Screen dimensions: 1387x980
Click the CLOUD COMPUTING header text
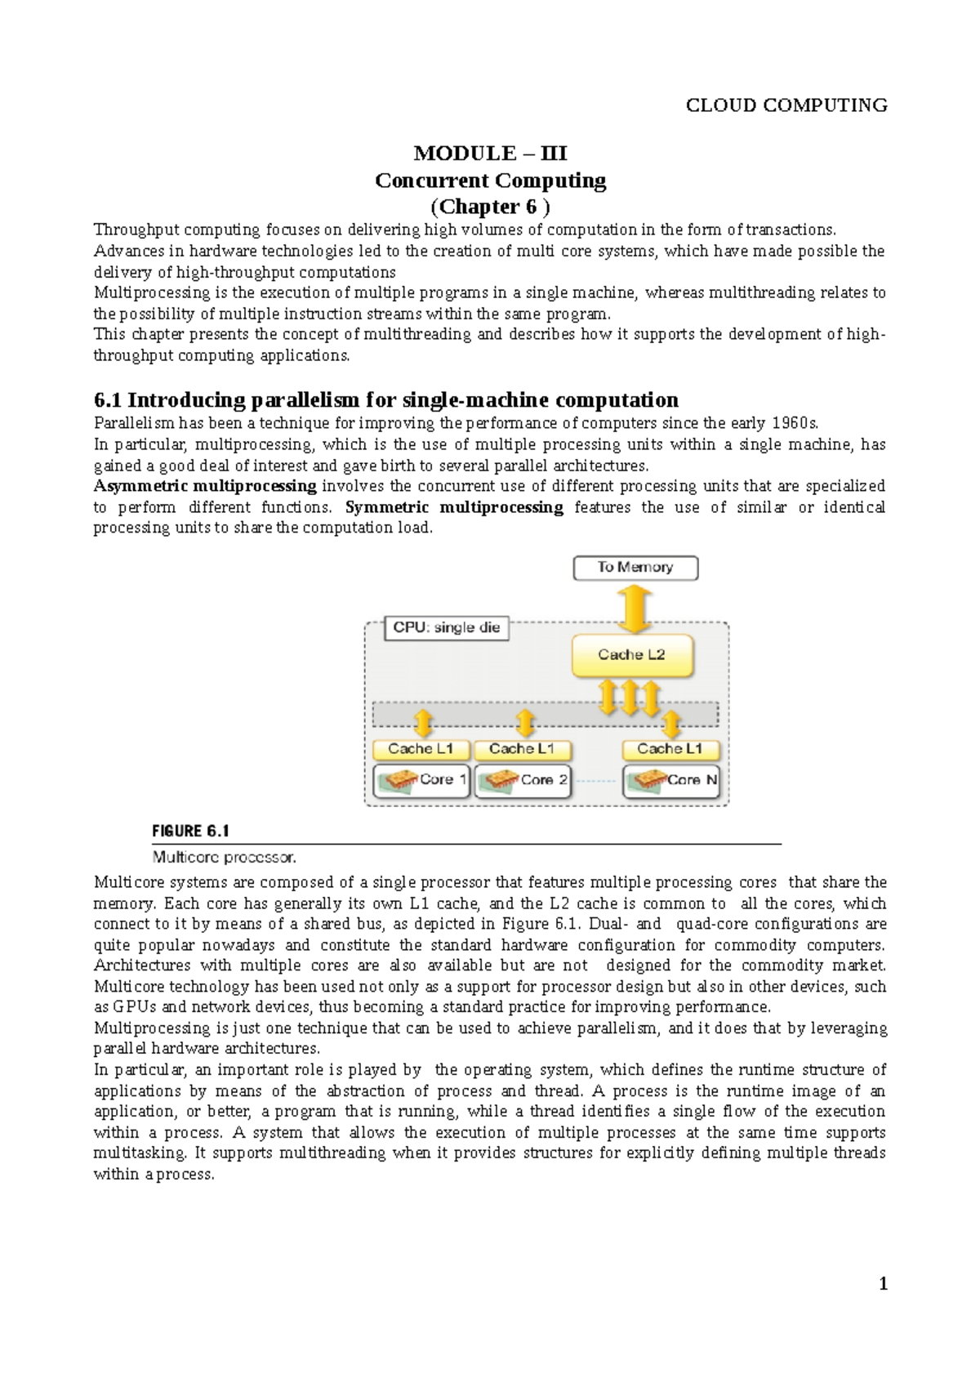tap(786, 105)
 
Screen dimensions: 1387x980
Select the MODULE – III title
tap(490, 154)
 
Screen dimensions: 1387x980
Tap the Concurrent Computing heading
tap(490, 181)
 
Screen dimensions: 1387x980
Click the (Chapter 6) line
tap(490, 207)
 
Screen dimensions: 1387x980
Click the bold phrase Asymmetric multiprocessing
tap(205, 486)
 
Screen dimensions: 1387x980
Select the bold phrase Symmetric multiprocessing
tap(454, 507)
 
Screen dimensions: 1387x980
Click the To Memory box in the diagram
tap(635, 568)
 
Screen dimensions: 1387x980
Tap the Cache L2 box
tap(632, 655)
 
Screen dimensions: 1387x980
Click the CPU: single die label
tap(446, 628)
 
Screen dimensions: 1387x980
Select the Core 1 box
tap(421, 780)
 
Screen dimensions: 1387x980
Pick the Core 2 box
tap(523, 780)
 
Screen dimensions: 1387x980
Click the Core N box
tap(671, 780)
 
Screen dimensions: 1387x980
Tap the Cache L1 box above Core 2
tap(523, 749)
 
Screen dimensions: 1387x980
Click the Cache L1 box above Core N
tap(670, 749)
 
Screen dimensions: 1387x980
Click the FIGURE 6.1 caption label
tap(190, 832)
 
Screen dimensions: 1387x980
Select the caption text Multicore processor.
tap(224, 858)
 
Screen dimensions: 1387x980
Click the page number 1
tap(883, 1285)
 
